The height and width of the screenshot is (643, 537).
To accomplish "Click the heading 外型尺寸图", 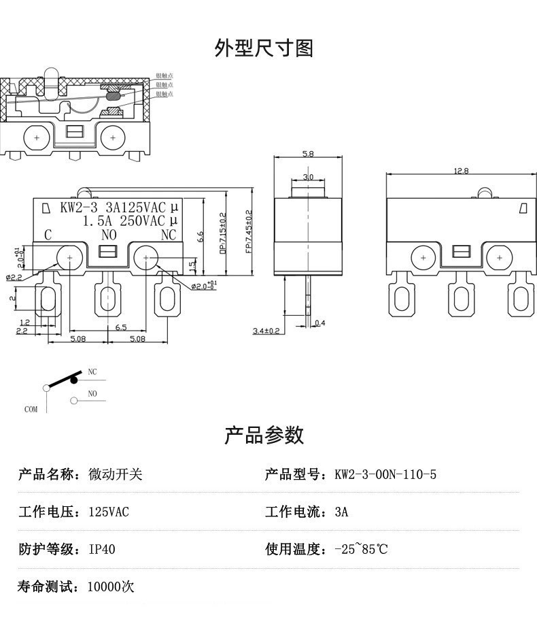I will pos(264,48).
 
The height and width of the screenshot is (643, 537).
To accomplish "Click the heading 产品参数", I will pos(264,435).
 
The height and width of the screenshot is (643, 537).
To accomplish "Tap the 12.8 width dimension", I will pos(461,171).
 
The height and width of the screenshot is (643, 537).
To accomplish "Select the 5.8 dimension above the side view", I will pos(308,154).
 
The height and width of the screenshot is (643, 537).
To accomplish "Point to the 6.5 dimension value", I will pos(121,327).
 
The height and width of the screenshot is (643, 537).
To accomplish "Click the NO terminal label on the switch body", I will pos(109,235).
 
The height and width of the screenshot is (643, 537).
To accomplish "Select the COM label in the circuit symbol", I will pos(31,410).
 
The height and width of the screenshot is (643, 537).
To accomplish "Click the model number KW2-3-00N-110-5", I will pos(385,474).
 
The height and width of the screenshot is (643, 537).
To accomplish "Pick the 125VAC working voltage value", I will pos(109,512).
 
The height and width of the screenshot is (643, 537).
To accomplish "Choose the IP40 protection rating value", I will pos(102,549).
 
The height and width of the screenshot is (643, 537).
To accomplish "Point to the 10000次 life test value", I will pos(111,587).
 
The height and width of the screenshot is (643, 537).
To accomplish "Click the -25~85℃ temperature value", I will pos(361,549).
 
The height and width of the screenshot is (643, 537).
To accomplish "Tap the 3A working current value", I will pos(341,512).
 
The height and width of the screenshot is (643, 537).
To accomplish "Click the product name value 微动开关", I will pos(116,474).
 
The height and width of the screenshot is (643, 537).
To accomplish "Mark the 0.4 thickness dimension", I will pos(320,323).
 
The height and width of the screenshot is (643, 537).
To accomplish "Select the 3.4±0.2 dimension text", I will pos(266,331).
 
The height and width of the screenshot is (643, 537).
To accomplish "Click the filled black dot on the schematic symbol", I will pos(73,381).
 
